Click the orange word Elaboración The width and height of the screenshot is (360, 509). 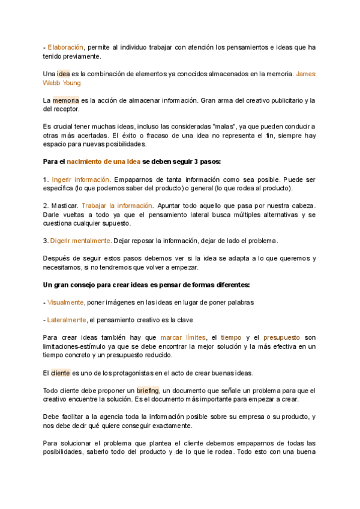click(x=65, y=47)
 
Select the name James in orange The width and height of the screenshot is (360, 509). click(x=306, y=74)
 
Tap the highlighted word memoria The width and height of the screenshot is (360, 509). click(x=65, y=100)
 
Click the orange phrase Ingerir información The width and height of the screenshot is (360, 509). click(x=81, y=179)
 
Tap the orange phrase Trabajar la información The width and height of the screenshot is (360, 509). click(x=117, y=206)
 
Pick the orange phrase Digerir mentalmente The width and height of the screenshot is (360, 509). click(x=80, y=241)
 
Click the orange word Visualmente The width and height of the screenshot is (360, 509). click(x=66, y=303)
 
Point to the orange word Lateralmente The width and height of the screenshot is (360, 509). click(x=67, y=320)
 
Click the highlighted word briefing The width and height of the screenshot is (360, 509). click(x=148, y=390)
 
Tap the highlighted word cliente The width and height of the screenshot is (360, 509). click(x=61, y=373)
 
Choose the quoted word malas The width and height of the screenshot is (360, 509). click(x=225, y=127)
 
